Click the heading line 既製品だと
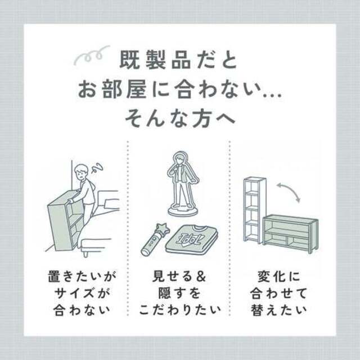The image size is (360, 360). [178, 60]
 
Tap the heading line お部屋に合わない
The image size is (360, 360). [180, 89]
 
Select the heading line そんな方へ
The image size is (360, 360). [180, 119]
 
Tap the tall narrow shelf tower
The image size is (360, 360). [254, 210]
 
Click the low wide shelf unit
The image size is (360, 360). [290, 234]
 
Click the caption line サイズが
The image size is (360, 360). [82, 294]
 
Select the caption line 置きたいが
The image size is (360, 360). [82, 276]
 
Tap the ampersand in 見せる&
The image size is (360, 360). [201, 276]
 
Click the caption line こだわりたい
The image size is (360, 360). [180, 310]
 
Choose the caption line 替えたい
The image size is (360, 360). [279, 310]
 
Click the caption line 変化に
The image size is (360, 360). [279, 276]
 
